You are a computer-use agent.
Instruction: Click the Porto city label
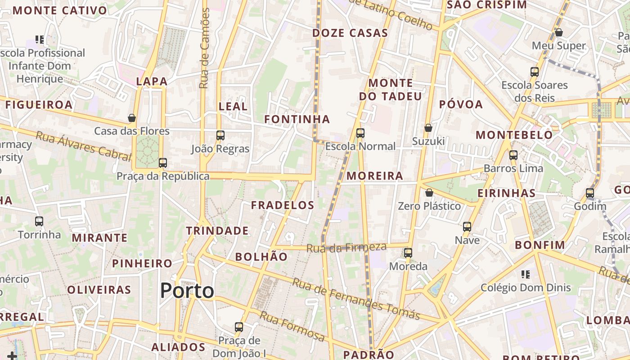(187, 291)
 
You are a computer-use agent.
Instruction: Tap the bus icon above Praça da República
(163, 163)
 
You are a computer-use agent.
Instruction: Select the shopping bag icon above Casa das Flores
(132, 118)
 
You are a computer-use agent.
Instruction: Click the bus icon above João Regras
(220, 135)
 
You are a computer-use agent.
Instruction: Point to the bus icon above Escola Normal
(360, 133)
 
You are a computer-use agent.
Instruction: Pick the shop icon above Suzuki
(428, 128)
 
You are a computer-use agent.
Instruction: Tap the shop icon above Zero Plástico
(429, 193)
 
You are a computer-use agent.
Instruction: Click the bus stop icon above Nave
(467, 227)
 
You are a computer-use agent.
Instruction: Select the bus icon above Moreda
(408, 253)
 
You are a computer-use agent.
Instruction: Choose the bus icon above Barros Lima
(513, 155)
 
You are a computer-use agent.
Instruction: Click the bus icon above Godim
(590, 193)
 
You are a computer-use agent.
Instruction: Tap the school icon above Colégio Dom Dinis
(525, 274)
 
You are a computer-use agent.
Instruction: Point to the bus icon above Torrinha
(39, 221)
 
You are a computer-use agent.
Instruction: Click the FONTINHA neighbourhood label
(297, 119)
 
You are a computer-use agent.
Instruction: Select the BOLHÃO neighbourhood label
(261, 257)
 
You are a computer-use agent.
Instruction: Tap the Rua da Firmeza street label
(346, 247)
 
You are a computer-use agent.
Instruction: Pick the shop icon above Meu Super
(559, 32)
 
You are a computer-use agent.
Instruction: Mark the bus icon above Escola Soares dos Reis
(535, 72)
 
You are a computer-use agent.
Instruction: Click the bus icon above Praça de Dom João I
(239, 327)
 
